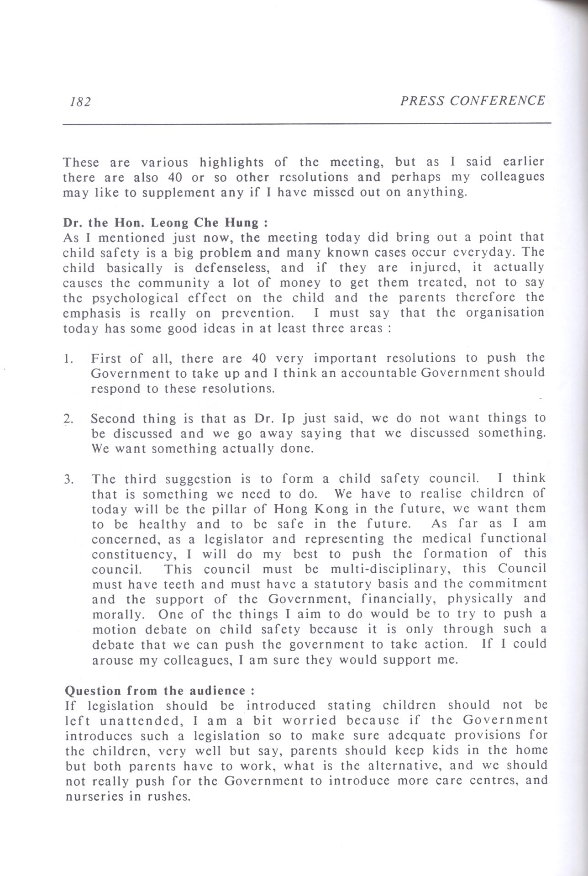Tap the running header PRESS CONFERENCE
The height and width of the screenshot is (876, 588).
pyautogui.click(x=472, y=100)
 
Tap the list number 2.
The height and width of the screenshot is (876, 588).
pyautogui.click(x=68, y=419)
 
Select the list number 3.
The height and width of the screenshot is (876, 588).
pyautogui.click(x=68, y=480)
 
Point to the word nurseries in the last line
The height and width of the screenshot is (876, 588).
pyautogui.click(x=94, y=797)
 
